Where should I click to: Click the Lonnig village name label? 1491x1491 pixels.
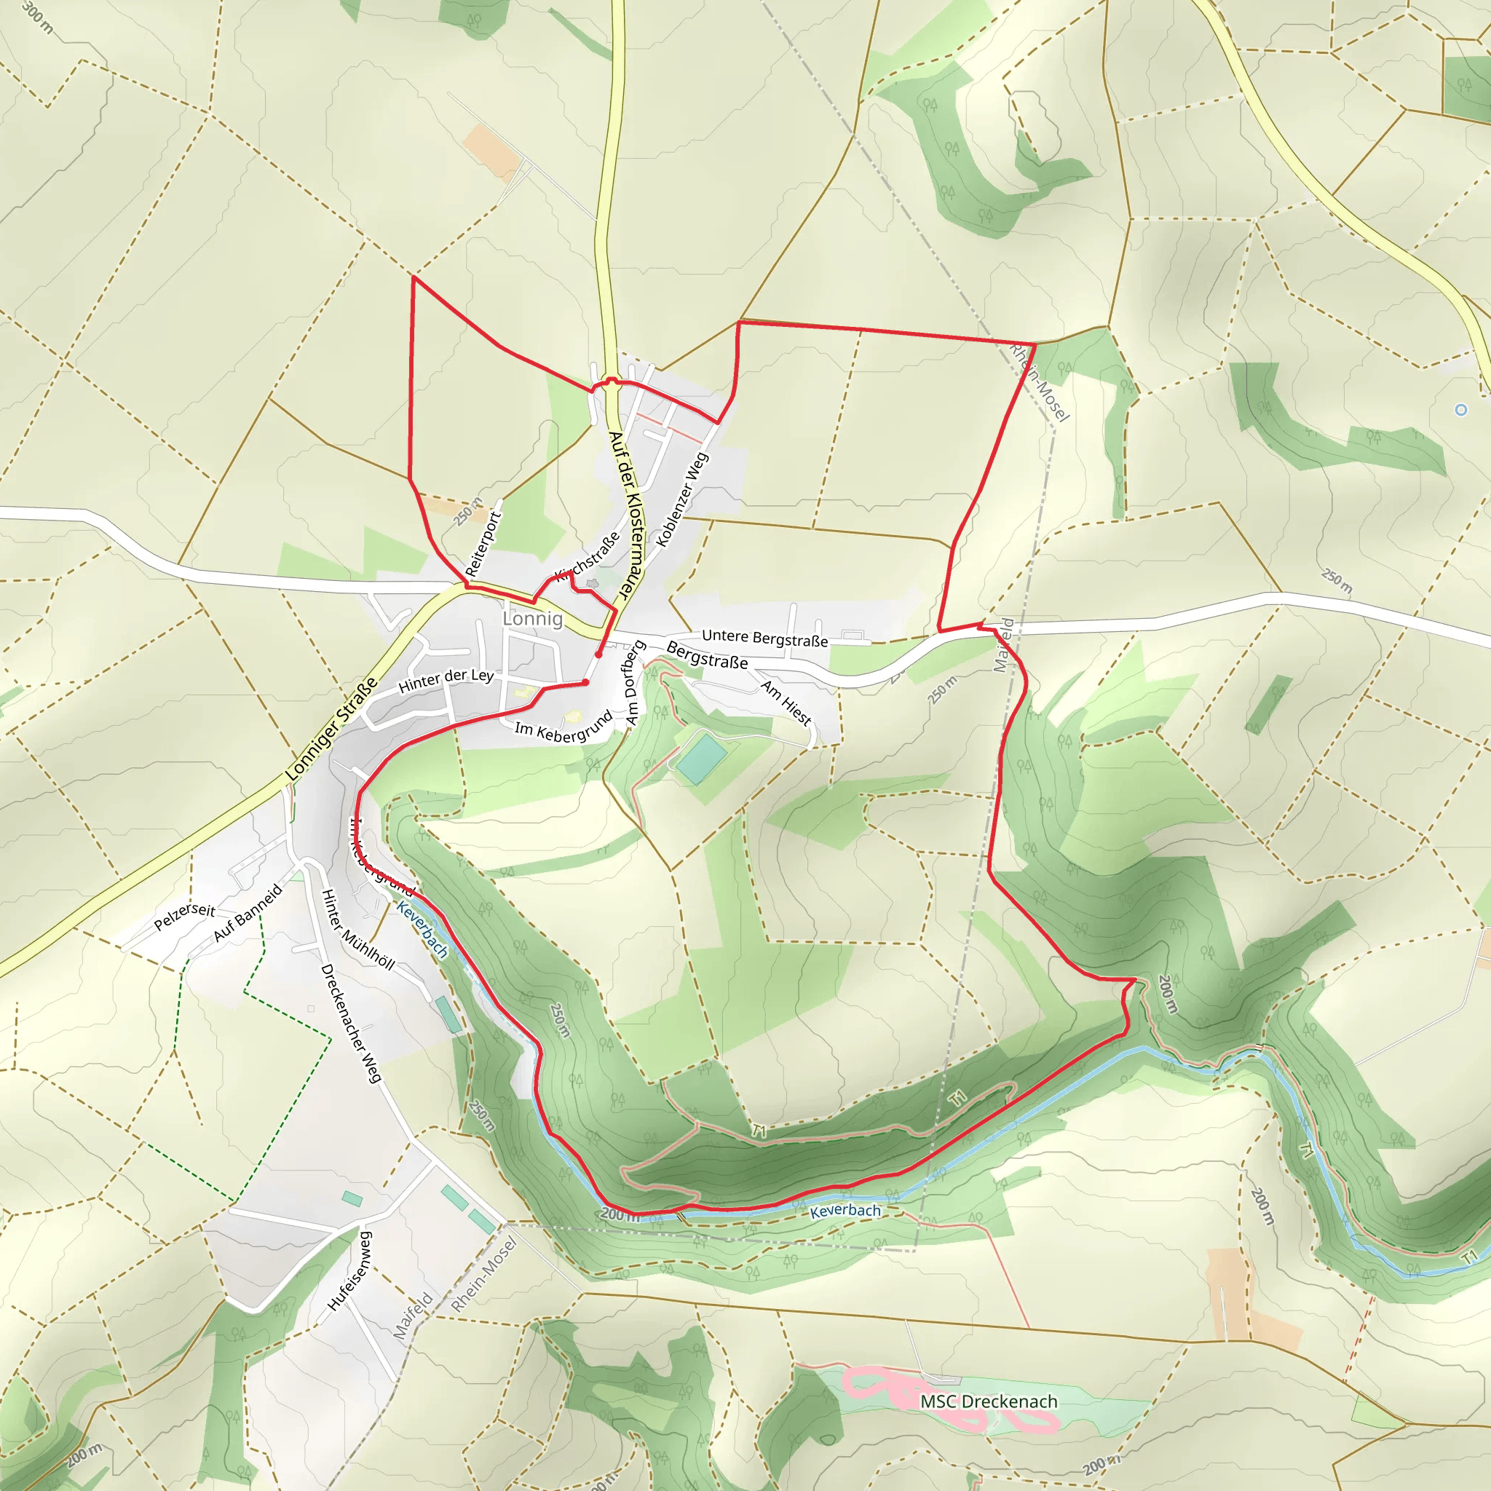532,618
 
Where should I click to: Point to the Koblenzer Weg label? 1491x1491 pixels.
681,500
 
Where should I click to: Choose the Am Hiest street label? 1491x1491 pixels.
786,703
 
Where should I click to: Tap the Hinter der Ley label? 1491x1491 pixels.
446,680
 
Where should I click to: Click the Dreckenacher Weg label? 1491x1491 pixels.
351,1023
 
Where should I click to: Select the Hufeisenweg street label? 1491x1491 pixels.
350,1270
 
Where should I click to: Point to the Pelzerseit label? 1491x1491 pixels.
184,916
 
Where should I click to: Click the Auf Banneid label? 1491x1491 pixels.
248,914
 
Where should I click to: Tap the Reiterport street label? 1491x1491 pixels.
484,545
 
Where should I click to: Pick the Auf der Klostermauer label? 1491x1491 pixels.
625,515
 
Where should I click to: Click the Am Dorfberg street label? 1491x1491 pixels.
634,683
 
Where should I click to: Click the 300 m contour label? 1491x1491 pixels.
38,17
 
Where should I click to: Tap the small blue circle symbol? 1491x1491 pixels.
1460,410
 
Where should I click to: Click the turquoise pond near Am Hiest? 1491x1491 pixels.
701,759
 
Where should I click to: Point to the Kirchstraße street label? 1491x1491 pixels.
588,555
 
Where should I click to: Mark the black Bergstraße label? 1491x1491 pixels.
707,655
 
